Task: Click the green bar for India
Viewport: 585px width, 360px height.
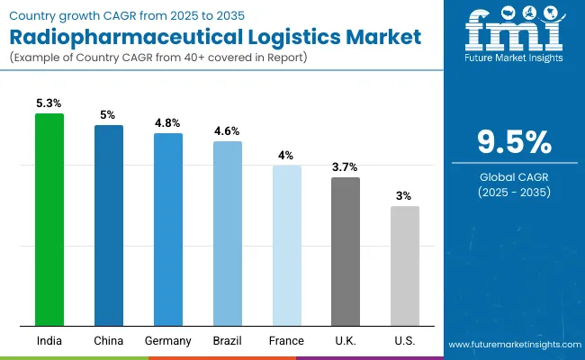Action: pyautogui.click(x=49, y=220)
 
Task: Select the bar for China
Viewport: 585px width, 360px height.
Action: pyautogui.click(x=109, y=225)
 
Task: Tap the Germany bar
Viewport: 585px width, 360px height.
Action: pyautogui.click(x=168, y=229)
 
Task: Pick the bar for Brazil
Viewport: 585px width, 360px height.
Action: pyautogui.click(x=228, y=233)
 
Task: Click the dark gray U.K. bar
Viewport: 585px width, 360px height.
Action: pyautogui.click(x=346, y=251)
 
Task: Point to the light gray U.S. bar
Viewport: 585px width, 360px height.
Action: pyautogui.click(x=405, y=265)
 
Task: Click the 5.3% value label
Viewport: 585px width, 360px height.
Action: pyautogui.click(x=49, y=103)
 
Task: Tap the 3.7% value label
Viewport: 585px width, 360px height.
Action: pyautogui.click(x=346, y=166)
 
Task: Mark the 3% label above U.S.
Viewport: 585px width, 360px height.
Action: pyautogui.click(x=405, y=195)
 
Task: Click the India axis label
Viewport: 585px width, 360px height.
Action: pyautogui.click(x=49, y=340)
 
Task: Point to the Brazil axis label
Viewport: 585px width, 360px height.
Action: pyautogui.click(x=228, y=340)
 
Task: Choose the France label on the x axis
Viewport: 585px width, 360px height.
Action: pyautogui.click(x=287, y=340)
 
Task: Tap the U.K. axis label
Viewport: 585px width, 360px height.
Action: pyautogui.click(x=346, y=340)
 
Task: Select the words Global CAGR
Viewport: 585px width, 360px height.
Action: pyautogui.click(x=514, y=177)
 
